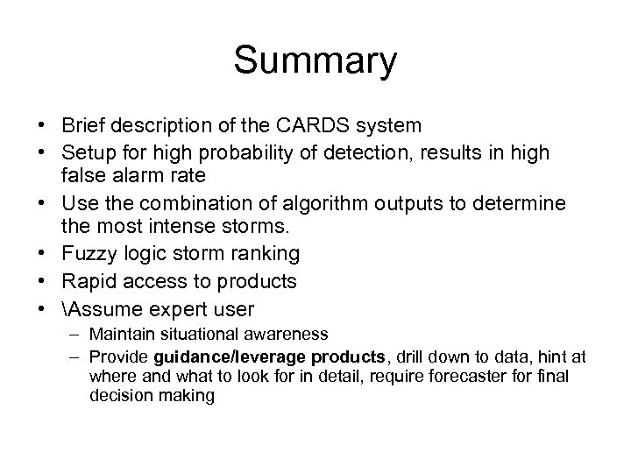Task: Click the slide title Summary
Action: point(315,62)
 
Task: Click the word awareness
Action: point(289,334)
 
